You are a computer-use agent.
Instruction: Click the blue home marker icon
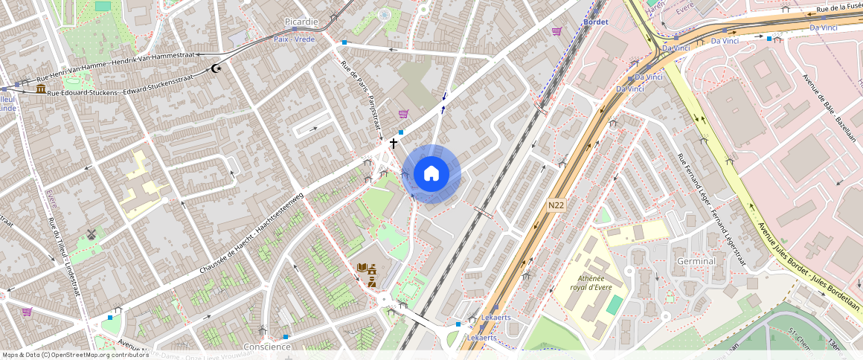pos(431,174)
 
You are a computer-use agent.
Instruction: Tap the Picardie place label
pos(301,22)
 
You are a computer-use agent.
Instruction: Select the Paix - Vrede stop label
pos(295,39)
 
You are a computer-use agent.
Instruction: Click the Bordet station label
pos(597,22)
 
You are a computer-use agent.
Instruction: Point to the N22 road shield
pos(556,205)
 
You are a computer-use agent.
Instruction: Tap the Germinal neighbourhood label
pos(696,261)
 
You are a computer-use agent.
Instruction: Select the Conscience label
pos(267,347)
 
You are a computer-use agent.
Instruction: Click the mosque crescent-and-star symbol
pos(216,68)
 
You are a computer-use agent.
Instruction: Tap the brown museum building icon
pos(39,89)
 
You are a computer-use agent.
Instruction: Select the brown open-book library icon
pos(362,268)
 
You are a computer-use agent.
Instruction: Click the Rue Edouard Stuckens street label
pos(119,84)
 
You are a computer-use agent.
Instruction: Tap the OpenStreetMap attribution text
pos(75,355)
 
